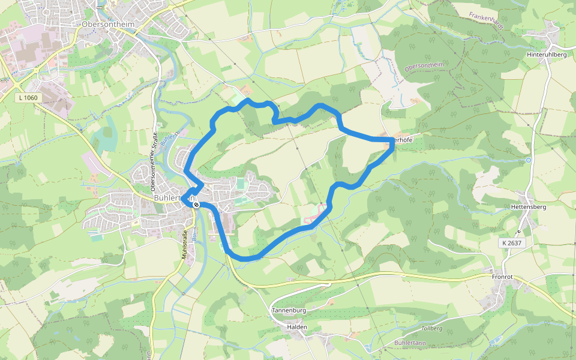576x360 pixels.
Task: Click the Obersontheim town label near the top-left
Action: tap(107, 23)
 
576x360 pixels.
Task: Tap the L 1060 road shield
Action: tap(28, 97)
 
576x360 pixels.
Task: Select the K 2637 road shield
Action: tap(510, 243)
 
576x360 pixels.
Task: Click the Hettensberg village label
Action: tap(527, 206)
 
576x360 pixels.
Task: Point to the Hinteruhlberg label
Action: tap(546, 55)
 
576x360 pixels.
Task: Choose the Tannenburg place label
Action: tap(289, 310)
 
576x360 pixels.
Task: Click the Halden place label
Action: tap(297, 327)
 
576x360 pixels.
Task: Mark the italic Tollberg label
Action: tap(432, 328)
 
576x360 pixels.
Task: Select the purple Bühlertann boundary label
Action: tap(410, 342)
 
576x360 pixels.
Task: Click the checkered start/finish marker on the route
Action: tap(196, 204)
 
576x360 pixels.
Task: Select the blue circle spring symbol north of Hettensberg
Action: tap(528, 160)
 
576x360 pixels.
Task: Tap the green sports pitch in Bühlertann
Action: tap(241, 183)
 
